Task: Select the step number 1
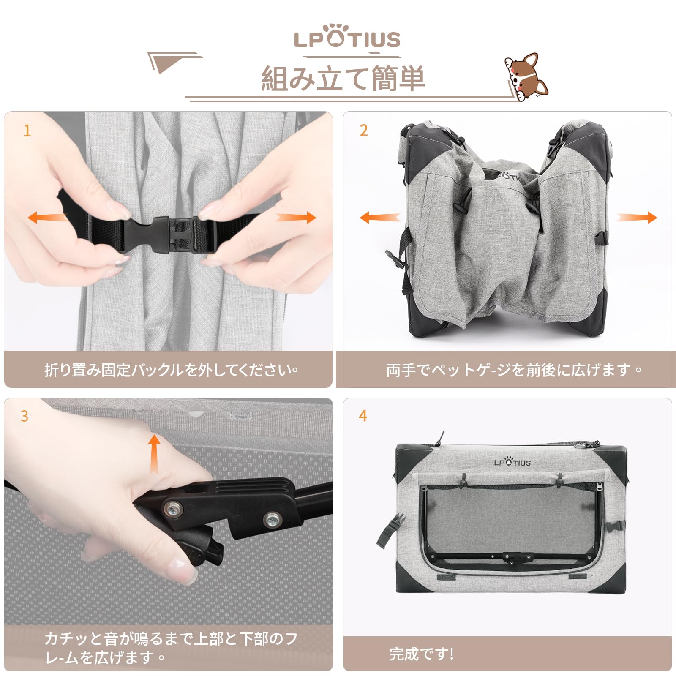pos(27,131)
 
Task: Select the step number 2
pos(364,131)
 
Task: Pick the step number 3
pos(25,416)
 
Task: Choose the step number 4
pos(363,416)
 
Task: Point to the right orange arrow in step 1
pos(296,218)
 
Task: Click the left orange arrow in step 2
pos(379,218)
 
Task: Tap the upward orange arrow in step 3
pos(154,454)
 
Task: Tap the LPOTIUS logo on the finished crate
pos(512,462)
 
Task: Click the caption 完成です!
pos(422,654)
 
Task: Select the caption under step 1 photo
pos(171,370)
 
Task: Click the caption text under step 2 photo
pos(514,370)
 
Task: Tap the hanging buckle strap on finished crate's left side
pos(390,530)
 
